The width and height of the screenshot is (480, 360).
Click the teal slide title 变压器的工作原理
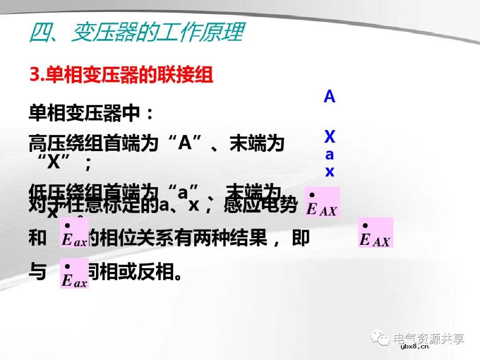tap(136, 32)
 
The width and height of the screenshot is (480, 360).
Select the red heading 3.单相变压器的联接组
tap(121, 75)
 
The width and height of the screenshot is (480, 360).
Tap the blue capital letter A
tap(329, 96)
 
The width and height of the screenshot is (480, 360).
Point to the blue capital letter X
tap(329, 137)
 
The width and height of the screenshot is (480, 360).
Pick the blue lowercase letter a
tap(329, 155)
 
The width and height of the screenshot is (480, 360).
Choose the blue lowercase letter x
tap(329, 172)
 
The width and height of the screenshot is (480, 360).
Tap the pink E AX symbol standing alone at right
tap(376, 232)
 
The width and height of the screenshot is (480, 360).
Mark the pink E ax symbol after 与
tap(74, 273)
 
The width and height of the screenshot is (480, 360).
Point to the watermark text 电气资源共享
tap(429, 339)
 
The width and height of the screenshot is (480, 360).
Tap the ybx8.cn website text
tap(414, 347)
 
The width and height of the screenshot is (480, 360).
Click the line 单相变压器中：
tap(91, 113)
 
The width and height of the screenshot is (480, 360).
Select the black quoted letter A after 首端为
tap(184, 143)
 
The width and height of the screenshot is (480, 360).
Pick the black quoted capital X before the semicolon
tap(53, 163)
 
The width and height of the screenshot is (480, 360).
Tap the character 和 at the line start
tap(37, 239)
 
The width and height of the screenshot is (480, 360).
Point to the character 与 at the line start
tap(37, 271)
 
